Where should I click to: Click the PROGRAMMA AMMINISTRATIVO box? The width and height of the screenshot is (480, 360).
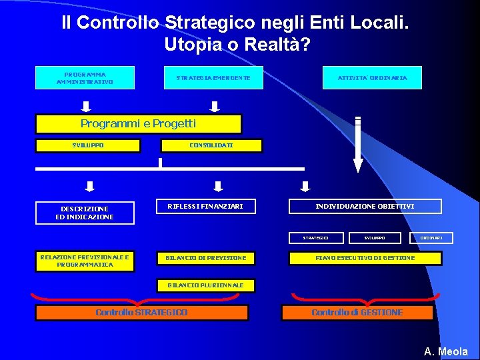85,78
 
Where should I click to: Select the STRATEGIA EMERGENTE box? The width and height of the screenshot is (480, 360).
213,78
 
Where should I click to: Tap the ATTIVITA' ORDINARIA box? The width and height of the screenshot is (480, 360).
373,78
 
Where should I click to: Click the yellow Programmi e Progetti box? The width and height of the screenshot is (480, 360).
138,124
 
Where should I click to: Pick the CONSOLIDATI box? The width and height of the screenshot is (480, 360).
211,145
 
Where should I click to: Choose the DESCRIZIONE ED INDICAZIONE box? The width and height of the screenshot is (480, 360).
85,213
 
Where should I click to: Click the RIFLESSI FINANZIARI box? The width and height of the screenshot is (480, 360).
210,207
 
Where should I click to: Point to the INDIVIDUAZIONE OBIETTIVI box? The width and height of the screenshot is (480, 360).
365,207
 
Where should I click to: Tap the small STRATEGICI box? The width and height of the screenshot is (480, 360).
316,237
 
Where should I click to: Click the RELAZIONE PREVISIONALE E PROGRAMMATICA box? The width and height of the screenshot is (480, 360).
85,261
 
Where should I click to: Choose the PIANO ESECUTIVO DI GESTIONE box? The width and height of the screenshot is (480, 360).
365,258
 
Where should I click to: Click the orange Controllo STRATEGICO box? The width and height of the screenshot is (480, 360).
141,313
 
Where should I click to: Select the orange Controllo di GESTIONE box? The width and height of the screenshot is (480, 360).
357,313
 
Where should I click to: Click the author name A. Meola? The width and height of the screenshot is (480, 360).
446,351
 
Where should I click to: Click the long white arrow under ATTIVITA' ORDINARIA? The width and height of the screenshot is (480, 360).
358,145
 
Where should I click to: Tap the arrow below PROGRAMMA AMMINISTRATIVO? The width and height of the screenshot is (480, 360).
87,106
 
